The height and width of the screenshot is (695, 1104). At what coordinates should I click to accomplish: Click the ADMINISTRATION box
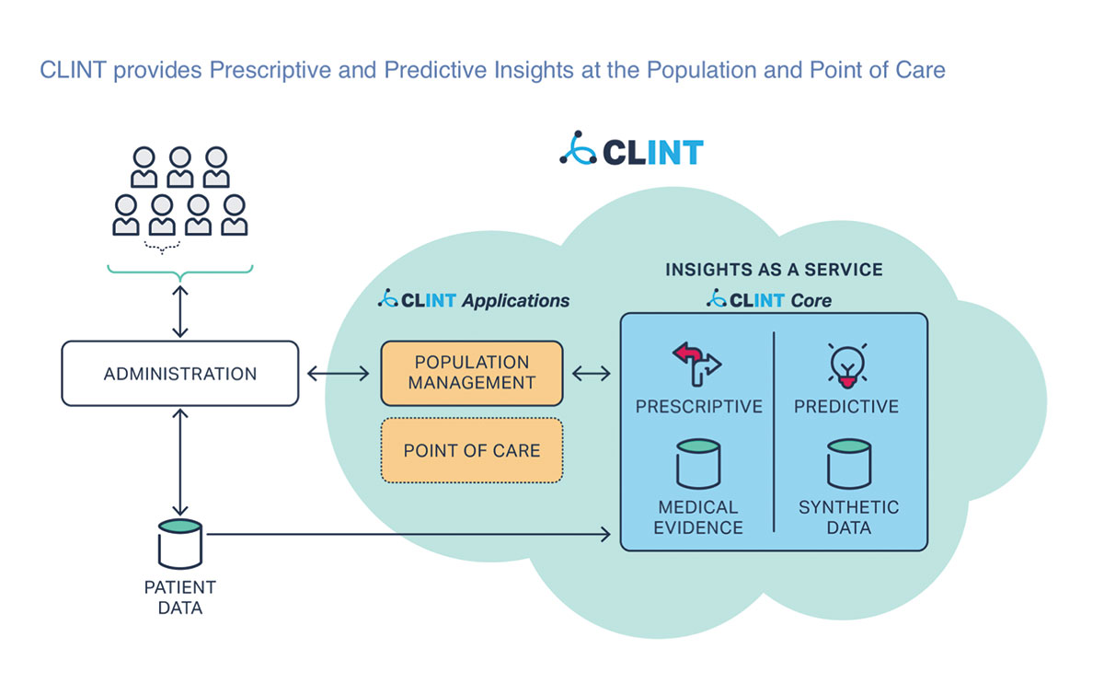tap(180, 374)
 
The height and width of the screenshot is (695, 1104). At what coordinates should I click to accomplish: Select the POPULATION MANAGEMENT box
tap(471, 373)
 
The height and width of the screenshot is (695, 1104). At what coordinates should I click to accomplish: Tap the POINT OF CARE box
tap(471, 451)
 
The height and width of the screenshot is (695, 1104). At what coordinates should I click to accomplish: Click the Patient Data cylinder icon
tap(179, 543)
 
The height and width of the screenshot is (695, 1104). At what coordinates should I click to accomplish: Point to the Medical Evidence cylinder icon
tap(699, 464)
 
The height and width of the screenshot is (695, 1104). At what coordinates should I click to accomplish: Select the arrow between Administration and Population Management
tap(339, 374)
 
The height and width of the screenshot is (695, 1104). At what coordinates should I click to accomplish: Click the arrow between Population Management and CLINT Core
tap(592, 374)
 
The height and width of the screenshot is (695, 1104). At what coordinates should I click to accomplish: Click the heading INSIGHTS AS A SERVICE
tap(774, 270)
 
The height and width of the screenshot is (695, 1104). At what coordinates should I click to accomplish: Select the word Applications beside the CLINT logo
tap(515, 300)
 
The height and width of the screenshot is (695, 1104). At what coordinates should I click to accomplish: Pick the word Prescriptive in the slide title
tap(268, 70)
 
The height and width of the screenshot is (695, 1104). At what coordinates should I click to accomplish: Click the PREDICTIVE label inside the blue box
tap(846, 406)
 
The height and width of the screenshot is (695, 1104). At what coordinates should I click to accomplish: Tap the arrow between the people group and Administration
tap(180, 311)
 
